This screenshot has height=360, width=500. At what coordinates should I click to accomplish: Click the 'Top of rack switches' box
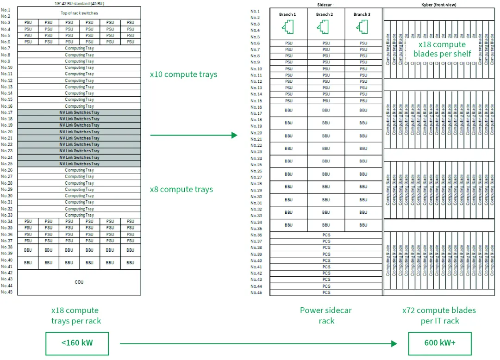(79, 13)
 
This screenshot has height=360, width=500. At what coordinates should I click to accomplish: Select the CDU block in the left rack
(79, 282)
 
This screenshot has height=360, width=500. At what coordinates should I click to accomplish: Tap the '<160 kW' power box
(77, 343)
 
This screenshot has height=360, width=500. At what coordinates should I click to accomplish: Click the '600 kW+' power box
(440, 343)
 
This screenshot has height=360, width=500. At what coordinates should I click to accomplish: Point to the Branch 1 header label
(287, 14)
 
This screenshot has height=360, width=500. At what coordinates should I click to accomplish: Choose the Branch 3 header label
(362, 14)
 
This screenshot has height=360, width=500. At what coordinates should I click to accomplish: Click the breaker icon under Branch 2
(325, 28)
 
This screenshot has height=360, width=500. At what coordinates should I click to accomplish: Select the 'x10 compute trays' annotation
(183, 74)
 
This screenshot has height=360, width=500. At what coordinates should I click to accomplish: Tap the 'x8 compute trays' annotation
(181, 189)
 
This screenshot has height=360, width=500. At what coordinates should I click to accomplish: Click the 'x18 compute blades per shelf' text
(442, 49)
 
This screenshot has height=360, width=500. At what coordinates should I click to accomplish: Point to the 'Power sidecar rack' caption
(326, 316)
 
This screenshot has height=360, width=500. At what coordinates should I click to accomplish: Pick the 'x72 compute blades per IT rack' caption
(439, 316)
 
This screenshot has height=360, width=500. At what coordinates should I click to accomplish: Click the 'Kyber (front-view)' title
(439, 5)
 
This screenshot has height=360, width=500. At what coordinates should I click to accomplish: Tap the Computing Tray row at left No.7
(79, 48)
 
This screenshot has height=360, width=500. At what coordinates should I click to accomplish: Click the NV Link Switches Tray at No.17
(79, 112)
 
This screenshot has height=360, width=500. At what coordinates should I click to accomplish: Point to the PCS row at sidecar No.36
(326, 235)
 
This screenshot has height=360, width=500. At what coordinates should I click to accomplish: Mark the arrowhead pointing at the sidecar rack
(234, 135)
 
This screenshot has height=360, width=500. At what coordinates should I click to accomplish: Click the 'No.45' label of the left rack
(6, 292)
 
